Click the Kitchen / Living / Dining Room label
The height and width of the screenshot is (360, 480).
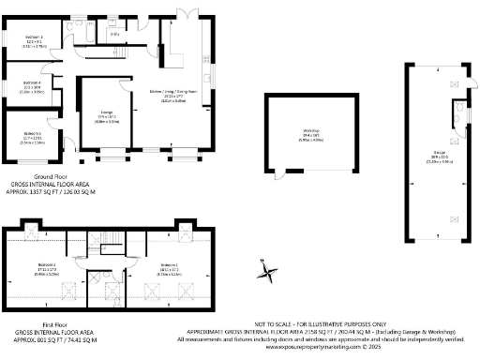coord(167,92)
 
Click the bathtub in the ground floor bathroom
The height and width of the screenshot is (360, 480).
coord(85,35)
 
